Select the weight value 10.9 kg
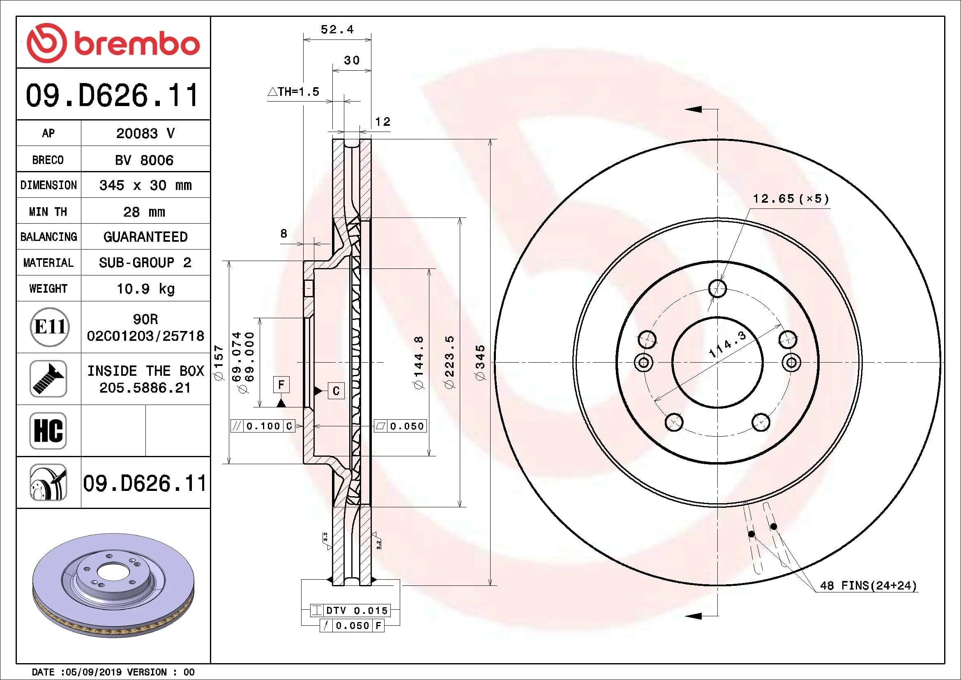click(x=145, y=289)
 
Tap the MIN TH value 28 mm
click(x=144, y=212)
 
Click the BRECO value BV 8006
click(x=144, y=160)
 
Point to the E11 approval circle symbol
click(x=50, y=326)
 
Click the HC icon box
click(x=48, y=430)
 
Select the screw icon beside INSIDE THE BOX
click(x=48, y=379)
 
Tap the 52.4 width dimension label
click(x=337, y=29)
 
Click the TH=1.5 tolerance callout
click(x=293, y=91)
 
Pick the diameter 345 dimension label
click(x=480, y=363)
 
